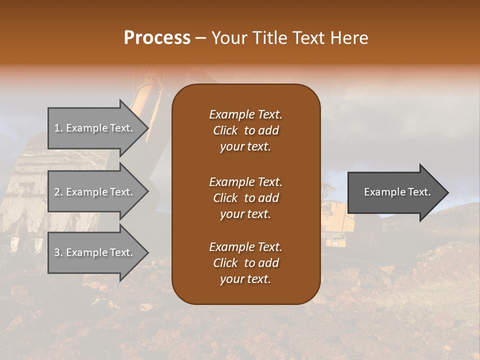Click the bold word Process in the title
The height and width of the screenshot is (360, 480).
(157, 38)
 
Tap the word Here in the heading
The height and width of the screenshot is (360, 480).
(349, 38)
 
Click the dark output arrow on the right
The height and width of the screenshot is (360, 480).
(395, 192)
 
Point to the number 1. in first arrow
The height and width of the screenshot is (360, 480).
(58, 128)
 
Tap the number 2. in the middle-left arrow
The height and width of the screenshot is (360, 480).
(58, 192)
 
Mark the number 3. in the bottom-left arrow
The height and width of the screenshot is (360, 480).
(58, 252)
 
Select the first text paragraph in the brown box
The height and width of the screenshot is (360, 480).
(245, 130)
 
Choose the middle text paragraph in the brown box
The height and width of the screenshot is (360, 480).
(245, 197)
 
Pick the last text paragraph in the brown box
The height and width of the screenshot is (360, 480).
(245, 263)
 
